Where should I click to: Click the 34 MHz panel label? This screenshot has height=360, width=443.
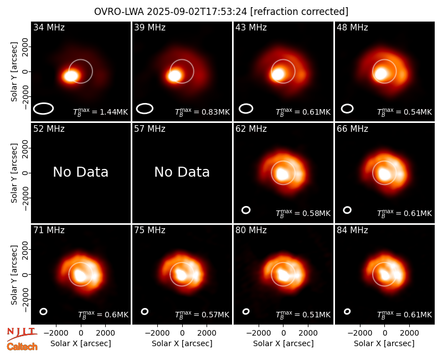(49, 27)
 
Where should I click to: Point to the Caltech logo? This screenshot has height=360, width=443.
(22, 347)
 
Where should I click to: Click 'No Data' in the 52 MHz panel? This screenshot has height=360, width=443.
(80, 172)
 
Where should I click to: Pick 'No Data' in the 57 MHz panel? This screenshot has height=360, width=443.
(182, 172)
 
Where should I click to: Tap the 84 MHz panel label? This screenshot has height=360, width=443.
(352, 230)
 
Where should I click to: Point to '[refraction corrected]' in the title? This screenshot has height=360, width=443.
(299, 12)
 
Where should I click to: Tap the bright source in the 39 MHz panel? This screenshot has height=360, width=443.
(174, 75)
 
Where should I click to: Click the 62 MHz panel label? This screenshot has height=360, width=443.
(251, 129)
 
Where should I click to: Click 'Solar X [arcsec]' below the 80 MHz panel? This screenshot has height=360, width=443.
(284, 343)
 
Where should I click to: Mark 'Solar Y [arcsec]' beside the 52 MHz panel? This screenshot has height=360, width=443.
(14, 173)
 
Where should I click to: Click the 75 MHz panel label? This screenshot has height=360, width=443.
(150, 230)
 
